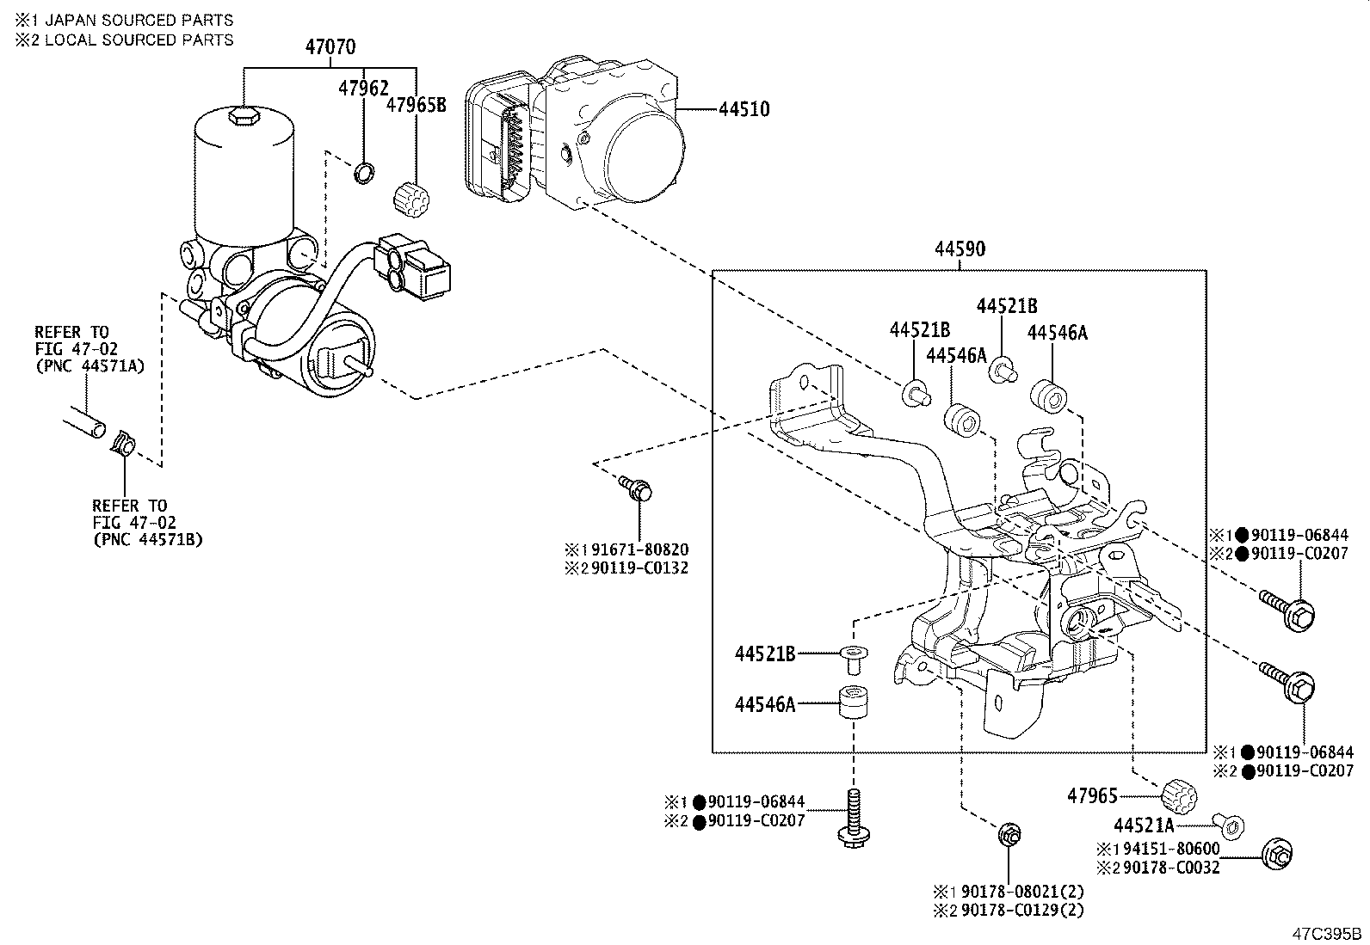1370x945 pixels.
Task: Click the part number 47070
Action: pyautogui.click(x=330, y=47)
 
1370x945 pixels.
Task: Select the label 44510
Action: pyautogui.click(x=744, y=110)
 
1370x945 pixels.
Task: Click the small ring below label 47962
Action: pyautogui.click(x=365, y=173)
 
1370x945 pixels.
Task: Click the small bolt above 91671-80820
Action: pyautogui.click(x=637, y=490)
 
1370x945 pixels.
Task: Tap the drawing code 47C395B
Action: pyautogui.click(x=1328, y=932)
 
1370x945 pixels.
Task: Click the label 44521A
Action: pyautogui.click(x=1144, y=826)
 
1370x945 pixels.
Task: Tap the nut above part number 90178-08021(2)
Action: pyautogui.click(x=1009, y=834)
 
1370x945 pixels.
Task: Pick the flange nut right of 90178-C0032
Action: pyautogui.click(x=1277, y=854)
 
